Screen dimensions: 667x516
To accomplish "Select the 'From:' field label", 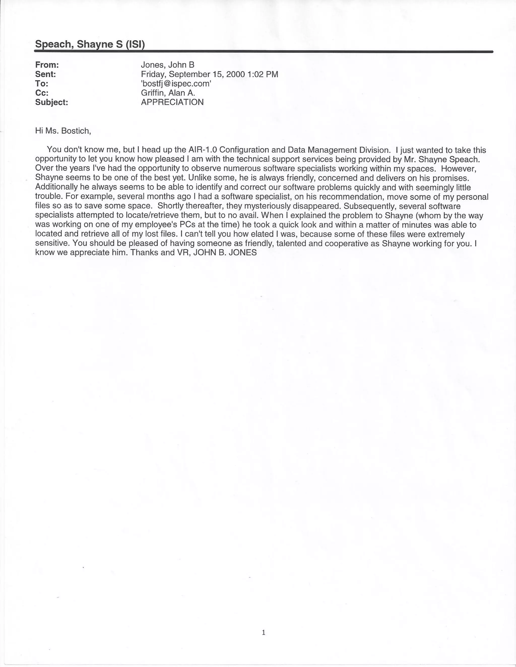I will (47, 65).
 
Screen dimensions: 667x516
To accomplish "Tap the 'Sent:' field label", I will (46, 74).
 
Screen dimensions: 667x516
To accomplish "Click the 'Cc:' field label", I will (42, 93).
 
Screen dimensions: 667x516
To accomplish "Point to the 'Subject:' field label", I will (52, 102).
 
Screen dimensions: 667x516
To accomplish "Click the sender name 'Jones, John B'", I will (168, 65).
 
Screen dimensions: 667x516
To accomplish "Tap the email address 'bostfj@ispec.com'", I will (176, 83).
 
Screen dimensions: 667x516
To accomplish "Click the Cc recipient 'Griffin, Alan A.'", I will (168, 93).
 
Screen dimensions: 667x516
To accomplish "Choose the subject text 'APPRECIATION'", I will (172, 102).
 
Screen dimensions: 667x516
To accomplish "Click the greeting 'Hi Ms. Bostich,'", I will (63, 131).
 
